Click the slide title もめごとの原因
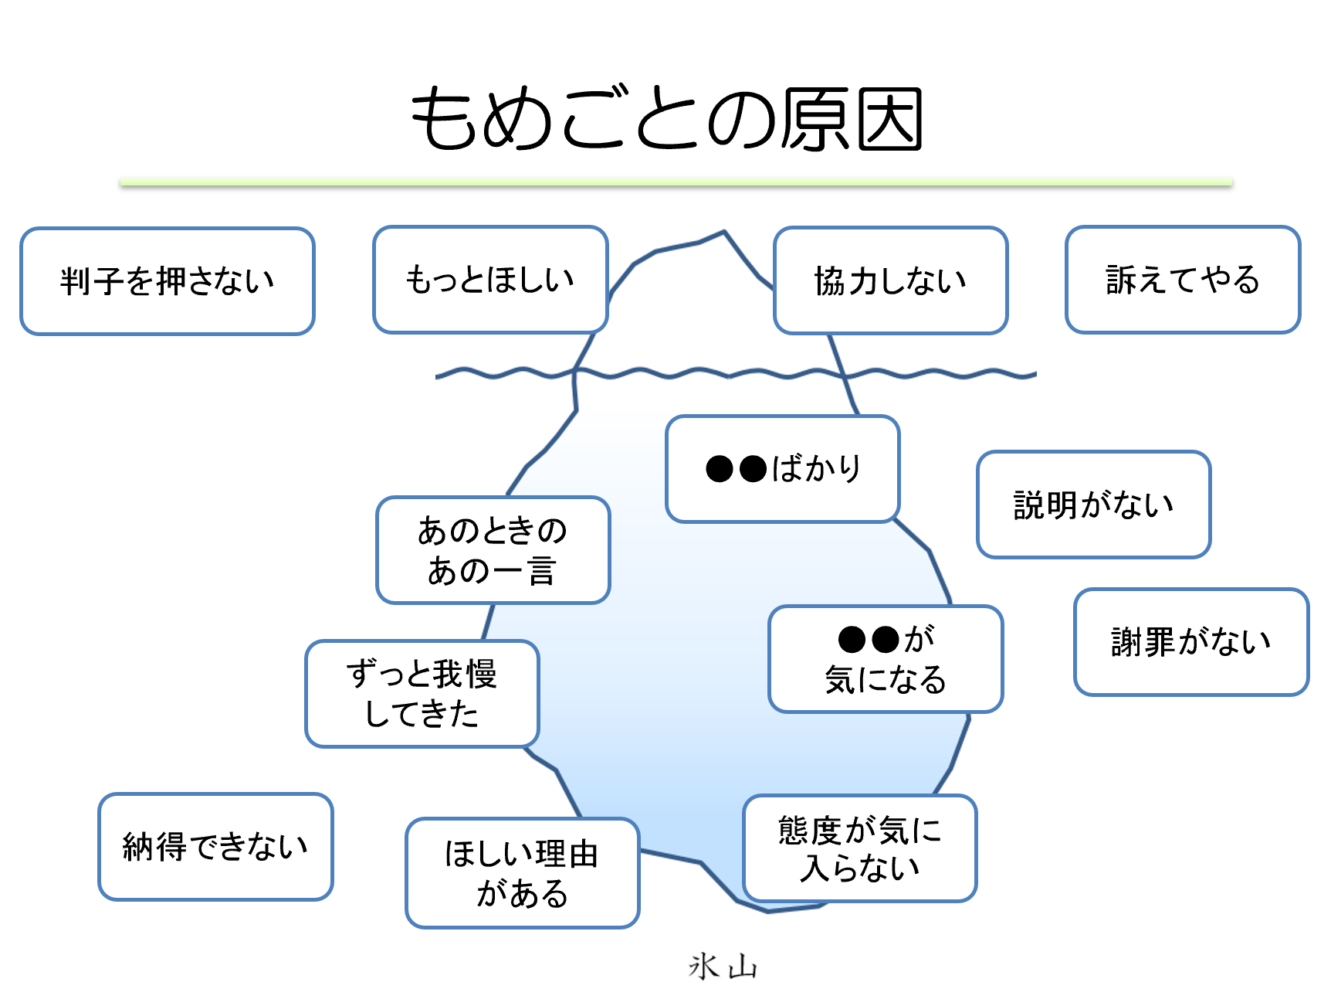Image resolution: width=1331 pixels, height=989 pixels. coord(666,119)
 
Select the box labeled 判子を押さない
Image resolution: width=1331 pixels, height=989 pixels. coord(168,281)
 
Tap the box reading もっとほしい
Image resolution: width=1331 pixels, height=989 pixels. coord(490,280)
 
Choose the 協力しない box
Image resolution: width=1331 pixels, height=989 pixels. coord(890,280)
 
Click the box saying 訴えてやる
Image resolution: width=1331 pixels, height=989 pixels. coord(1182,280)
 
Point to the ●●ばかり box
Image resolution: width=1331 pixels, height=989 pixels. coord(783,469)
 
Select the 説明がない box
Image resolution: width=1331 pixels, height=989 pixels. coord(1093,505)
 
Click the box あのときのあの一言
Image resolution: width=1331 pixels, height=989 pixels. coord(493,550)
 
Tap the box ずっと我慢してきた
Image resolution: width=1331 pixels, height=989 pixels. coord(422,694)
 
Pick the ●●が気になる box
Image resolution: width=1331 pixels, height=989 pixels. coord(886,659)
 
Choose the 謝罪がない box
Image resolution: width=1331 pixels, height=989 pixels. coord(1190,642)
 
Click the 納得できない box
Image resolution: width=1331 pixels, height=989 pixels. coord(215,847)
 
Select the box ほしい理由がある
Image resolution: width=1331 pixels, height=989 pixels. coord(522,873)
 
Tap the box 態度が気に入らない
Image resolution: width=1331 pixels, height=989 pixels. coord(859,848)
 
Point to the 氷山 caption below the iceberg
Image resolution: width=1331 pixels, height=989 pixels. coord(723,967)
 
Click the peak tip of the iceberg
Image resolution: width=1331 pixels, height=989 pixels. coord(723,232)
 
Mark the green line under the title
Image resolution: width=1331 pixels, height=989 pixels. coord(676,182)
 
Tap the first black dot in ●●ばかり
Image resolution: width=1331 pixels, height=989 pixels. coord(720,469)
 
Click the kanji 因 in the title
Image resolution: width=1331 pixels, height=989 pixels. coord(890,119)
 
